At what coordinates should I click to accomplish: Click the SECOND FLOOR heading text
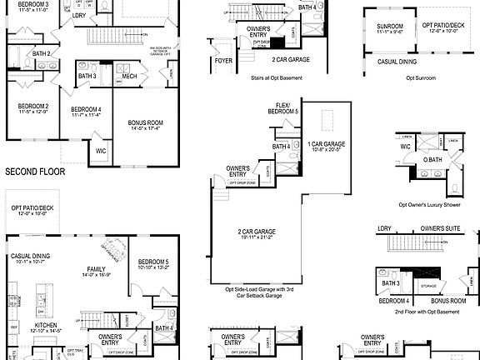coord(35,172)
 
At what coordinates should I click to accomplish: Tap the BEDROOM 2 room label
coord(34,107)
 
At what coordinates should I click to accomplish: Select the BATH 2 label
coord(42,54)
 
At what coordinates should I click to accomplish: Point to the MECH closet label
coord(129,76)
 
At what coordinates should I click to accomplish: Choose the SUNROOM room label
coord(390,27)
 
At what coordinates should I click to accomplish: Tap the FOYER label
coord(223,60)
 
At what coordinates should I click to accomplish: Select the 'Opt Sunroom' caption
coord(421,77)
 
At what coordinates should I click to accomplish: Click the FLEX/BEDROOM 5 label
coord(288,108)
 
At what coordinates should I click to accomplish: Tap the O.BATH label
coord(432,159)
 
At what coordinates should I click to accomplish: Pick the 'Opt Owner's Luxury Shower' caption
coord(430,204)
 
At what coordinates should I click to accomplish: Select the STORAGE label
coord(427,286)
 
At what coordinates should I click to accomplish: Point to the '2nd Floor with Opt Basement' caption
coord(422,312)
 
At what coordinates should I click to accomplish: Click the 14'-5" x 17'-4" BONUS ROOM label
coord(145,123)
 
